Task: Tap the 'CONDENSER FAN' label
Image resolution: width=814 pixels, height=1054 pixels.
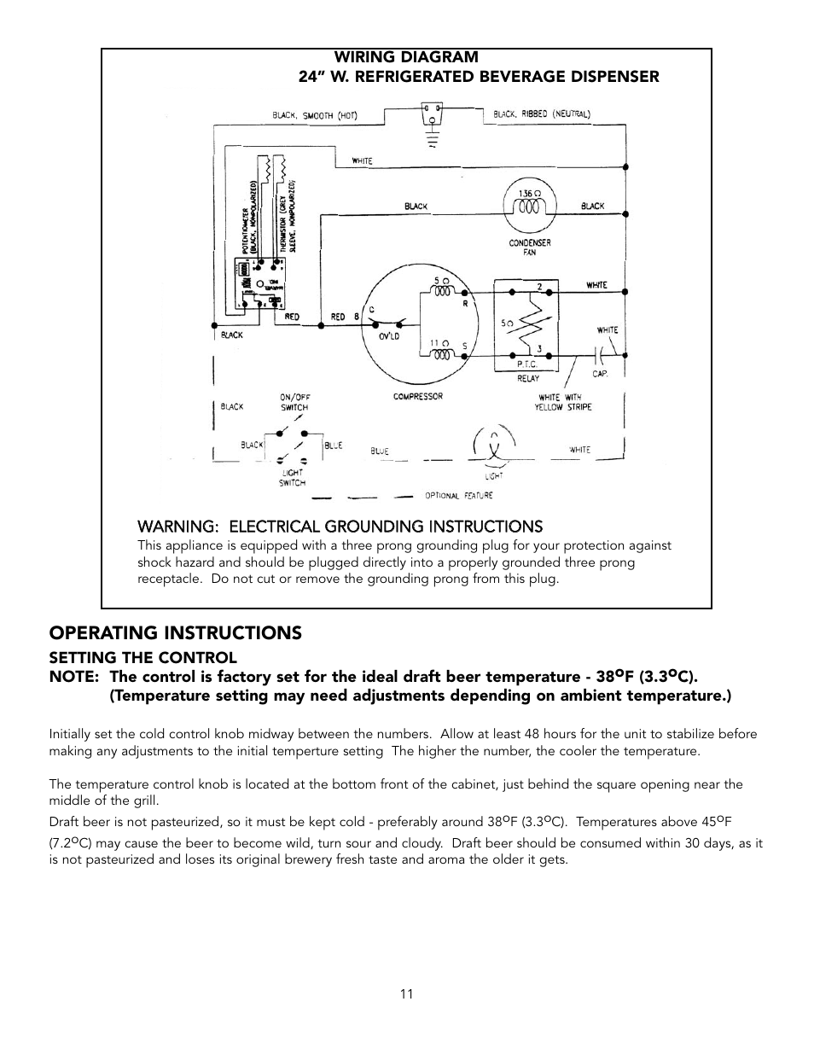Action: pyautogui.click(x=530, y=247)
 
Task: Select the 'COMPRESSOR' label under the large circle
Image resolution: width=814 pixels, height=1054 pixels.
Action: pyautogui.click(x=417, y=397)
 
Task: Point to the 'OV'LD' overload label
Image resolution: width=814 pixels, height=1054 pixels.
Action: pyautogui.click(x=390, y=336)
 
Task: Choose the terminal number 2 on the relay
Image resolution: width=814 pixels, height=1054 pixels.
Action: pyautogui.click(x=538, y=286)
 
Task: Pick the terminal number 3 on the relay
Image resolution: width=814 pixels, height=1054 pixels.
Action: pyautogui.click(x=538, y=348)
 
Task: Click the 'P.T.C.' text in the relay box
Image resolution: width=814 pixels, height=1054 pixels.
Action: pyautogui.click(x=526, y=364)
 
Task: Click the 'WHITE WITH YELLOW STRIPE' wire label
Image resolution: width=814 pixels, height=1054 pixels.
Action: pyautogui.click(x=565, y=402)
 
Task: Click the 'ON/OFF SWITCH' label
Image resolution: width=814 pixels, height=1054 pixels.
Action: pyautogui.click(x=294, y=402)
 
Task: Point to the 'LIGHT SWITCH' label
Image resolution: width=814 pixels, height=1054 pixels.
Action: pyautogui.click(x=292, y=478)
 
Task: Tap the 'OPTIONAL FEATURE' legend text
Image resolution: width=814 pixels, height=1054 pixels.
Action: pyautogui.click(x=458, y=496)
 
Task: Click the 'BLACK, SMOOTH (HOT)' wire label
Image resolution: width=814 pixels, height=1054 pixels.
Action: pyautogui.click(x=315, y=115)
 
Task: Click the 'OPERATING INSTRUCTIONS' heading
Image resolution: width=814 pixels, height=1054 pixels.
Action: pyautogui.click(x=175, y=633)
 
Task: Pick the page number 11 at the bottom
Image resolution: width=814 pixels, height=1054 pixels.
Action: pyautogui.click(x=407, y=994)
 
